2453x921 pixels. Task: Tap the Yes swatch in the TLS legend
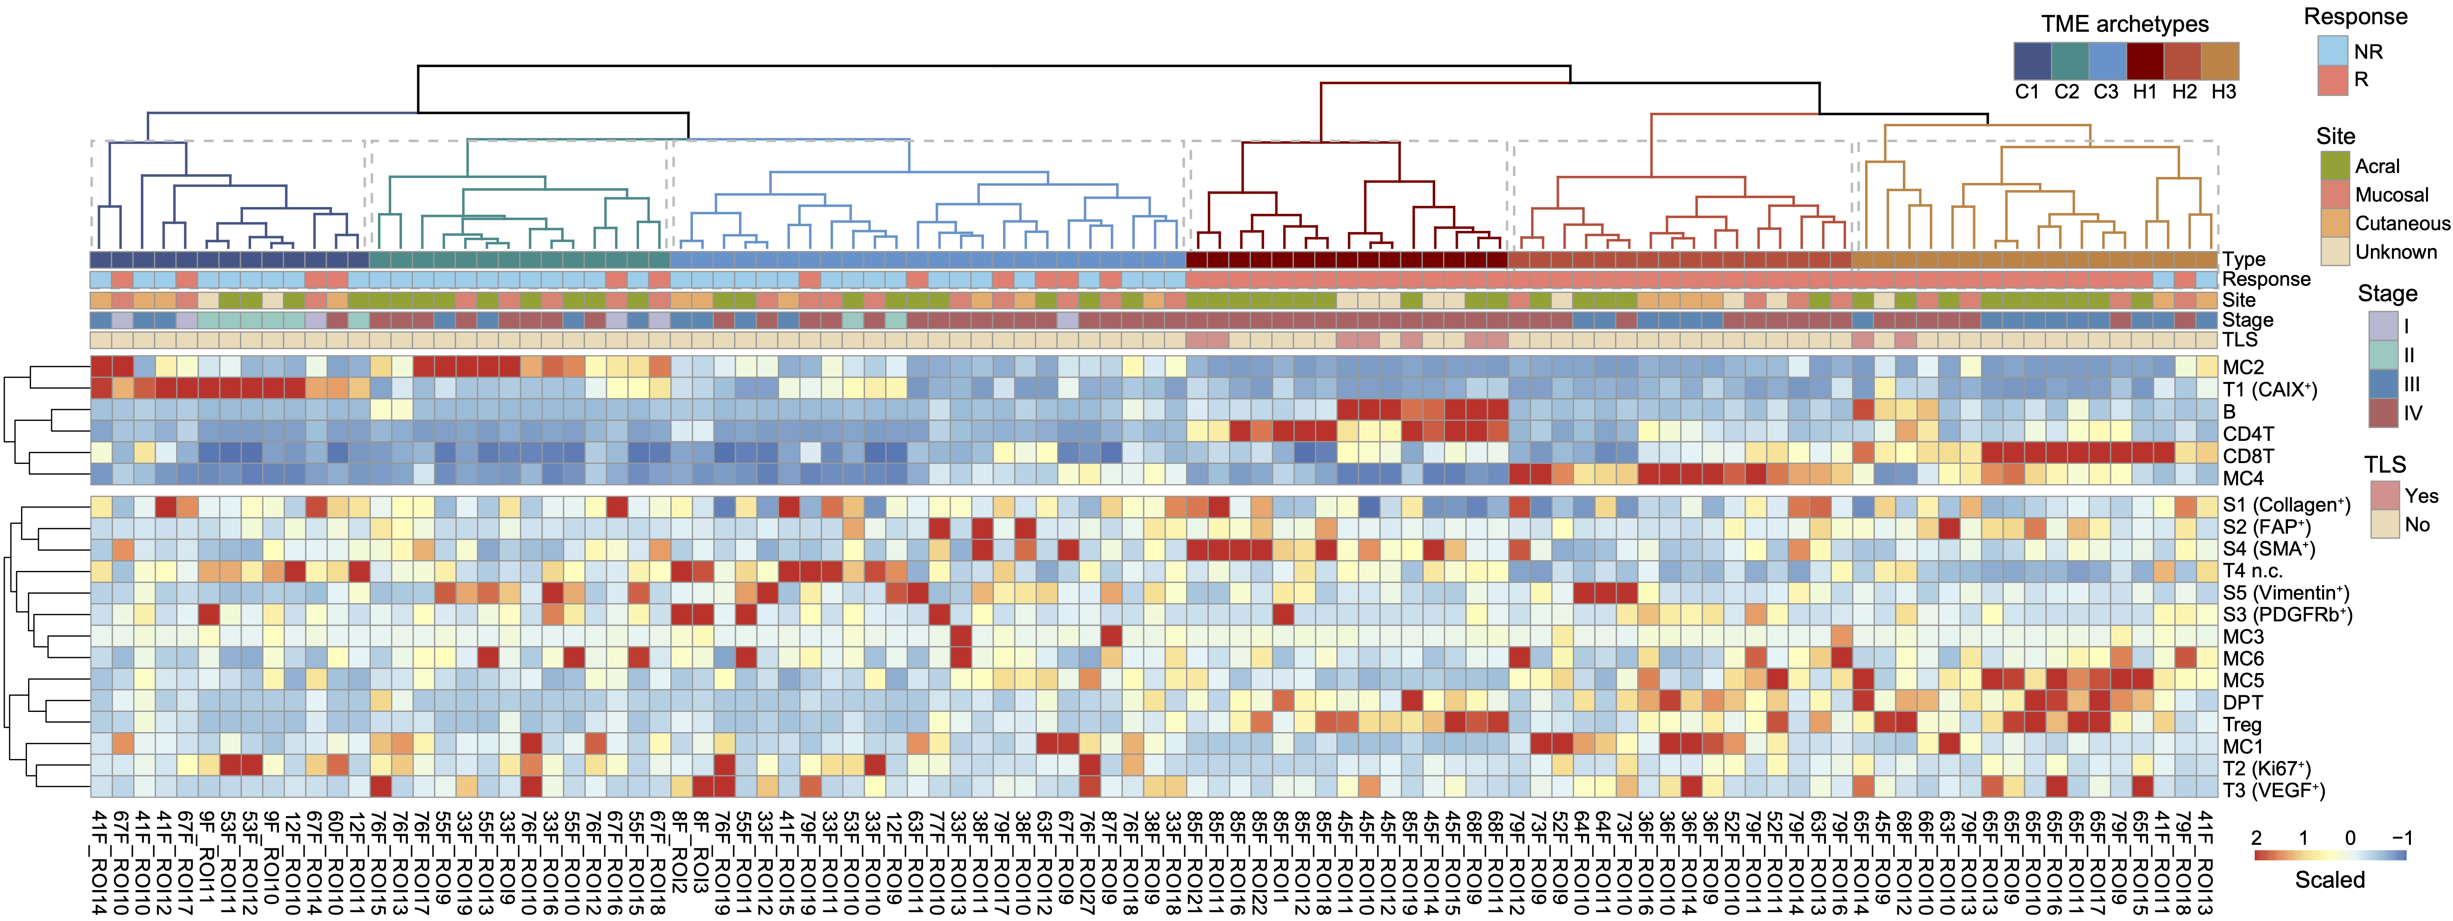tap(2384, 495)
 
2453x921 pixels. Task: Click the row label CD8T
tap(2248, 456)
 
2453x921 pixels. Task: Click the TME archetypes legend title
tap(2125, 24)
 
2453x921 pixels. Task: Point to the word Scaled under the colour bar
tap(2329, 880)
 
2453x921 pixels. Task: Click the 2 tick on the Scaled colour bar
tap(2256, 838)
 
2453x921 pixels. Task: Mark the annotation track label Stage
tap(2247, 320)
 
